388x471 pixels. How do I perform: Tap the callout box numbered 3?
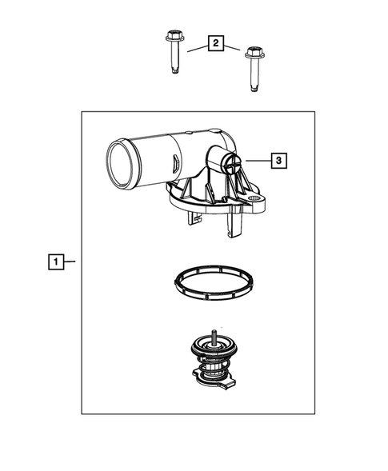coord(277,161)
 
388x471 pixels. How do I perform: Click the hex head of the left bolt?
coord(173,36)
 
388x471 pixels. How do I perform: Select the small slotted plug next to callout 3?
coord(230,166)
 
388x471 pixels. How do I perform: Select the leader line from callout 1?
coord(70,261)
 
